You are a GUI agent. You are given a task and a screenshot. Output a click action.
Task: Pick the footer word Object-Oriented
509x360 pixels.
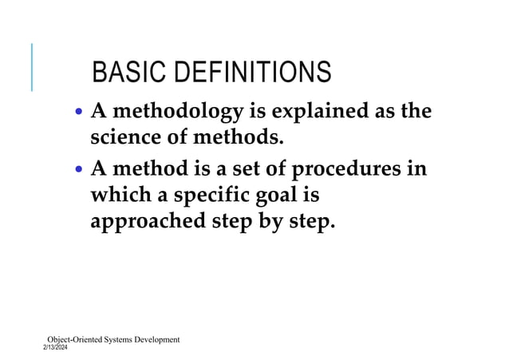pos(76,340)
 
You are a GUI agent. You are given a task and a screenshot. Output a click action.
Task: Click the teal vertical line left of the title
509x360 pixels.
pos(32,67)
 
